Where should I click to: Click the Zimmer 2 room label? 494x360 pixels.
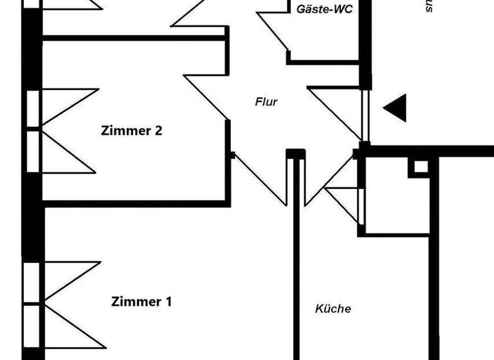pos(132,130)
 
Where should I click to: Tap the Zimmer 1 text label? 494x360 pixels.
pos(142,301)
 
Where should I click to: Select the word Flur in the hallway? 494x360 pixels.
pos(266,102)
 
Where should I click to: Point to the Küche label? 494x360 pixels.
pos(333,309)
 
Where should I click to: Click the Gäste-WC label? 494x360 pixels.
pos(324,9)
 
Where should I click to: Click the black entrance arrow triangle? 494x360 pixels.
pos(396,107)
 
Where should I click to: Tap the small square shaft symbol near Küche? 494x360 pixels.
pos(420,166)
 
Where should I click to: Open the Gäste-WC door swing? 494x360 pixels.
pos(273,29)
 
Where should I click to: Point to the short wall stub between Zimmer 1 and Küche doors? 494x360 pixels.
pos(295,154)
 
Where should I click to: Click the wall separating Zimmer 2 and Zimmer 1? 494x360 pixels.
pos(135,203)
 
